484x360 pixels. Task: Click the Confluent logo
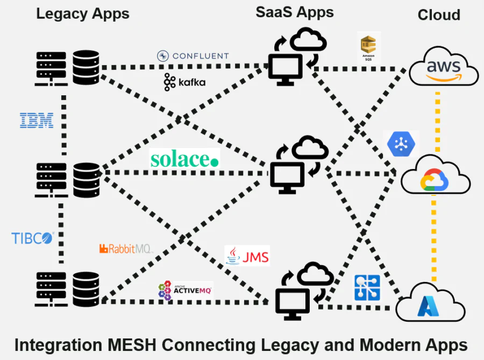pos(193,56)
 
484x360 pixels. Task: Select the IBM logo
pos(37,120)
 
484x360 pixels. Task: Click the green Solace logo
pos(184,159)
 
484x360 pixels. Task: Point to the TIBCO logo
pos(33,238)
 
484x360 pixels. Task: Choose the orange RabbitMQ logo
pos(126,249)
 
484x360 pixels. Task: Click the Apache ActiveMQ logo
pos(185,291)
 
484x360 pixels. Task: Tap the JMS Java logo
pos(247,256)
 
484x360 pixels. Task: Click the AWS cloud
pos(443,67)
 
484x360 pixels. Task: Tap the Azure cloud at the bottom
pos(430,305)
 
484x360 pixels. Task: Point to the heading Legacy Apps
pos(82,13)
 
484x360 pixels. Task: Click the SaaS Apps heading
pos(294,12)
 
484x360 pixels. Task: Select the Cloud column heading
pos(439,15)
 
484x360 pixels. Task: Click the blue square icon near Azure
pos(367,288)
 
